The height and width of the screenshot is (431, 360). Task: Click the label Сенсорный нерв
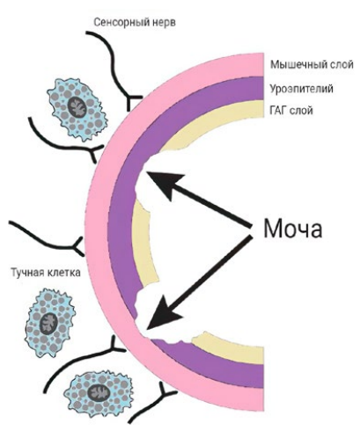[135, 23]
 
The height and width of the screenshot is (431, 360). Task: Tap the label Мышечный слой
[312, 64]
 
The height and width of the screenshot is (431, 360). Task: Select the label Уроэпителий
[301, 88]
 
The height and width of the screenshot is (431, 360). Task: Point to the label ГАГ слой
[291, 111]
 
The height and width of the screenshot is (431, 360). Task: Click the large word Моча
[293, 228]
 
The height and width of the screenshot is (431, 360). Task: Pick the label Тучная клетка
[46, 273]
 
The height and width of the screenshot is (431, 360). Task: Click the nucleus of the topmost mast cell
[77, 106]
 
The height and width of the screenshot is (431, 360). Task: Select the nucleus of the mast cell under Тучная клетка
[48, 323]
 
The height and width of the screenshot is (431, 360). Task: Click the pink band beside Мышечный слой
[253, 64]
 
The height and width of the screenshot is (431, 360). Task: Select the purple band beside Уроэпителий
[253, 88]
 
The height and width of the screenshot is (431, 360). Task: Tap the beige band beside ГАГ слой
[253, 109]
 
